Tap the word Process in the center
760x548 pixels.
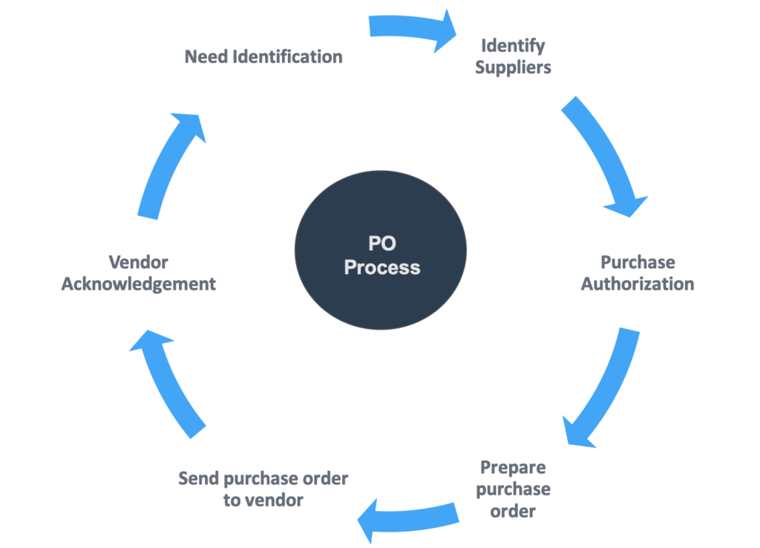[x=381, y=267]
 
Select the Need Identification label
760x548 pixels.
[x=263, y=56]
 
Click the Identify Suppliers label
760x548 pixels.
[x=513, y=56]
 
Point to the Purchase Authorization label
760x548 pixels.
[x=638, y=273]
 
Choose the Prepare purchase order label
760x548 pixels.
[x=513, y=489]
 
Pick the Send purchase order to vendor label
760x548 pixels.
[x=263, y=489]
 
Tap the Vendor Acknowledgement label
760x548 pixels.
[x=139, y=273]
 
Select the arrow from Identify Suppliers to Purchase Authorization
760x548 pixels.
[x=605, y=156]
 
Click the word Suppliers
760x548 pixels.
[x=513, y=68]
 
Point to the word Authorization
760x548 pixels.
[x=638, y=284]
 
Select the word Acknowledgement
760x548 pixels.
[x=139, y=284]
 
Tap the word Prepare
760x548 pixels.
[x=513, y=468]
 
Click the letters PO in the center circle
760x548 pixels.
[x=381, y=244]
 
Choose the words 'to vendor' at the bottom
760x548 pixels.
[x=263, y=500]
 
